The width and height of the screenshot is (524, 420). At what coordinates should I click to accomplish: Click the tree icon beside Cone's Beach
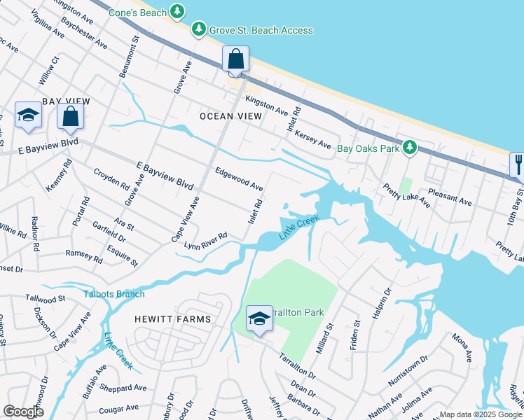(178, 12)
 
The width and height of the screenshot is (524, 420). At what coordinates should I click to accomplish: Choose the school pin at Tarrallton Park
(259, 319)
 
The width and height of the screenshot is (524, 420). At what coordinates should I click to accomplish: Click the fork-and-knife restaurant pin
(517, 164)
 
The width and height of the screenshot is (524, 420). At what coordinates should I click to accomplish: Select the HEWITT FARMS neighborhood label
(173, 319)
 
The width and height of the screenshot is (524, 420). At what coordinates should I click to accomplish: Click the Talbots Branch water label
(114, 294)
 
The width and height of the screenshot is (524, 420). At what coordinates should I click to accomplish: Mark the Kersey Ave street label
(312, 138)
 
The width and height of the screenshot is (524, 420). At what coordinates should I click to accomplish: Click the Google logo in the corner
(23, 412)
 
